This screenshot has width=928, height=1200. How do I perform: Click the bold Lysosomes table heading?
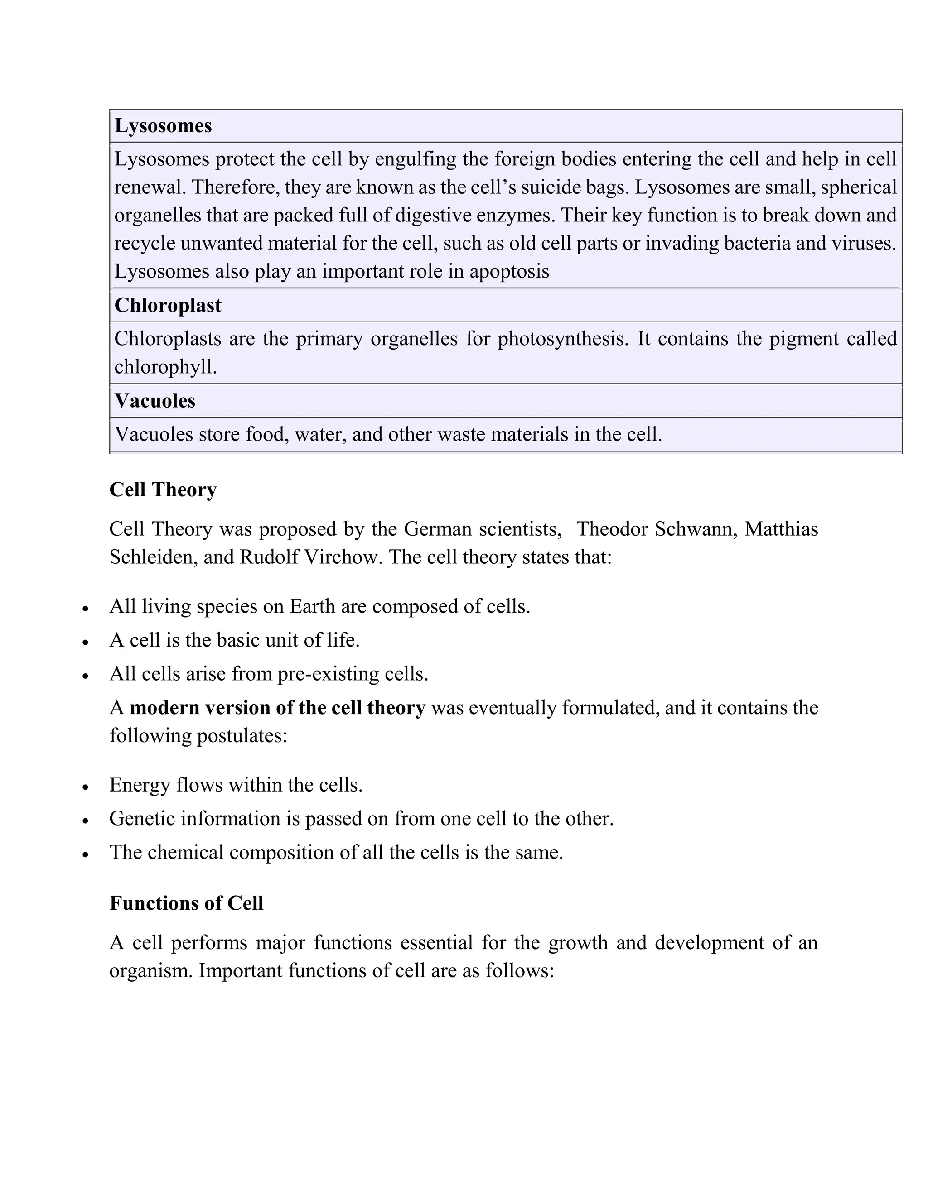[x=163, y=126]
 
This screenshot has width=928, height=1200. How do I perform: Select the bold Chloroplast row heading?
[x=168, y=306]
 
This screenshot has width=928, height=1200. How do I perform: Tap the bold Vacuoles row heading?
[x=155, y=401]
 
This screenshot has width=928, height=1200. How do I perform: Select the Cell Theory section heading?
[x=163, y=490]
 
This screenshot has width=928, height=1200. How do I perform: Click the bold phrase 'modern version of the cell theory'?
[x=278, y=708]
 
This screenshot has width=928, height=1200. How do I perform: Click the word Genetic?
[x=142, y=819]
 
